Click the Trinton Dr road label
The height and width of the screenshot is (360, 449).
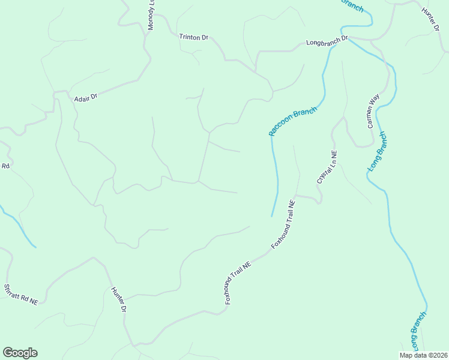[x=193, y=37]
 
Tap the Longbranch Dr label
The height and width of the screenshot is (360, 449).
[x=327, y=42]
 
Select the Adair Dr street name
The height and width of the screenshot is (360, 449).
[x=85, y=98]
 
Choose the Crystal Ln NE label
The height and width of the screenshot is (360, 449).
[x=327, y=167]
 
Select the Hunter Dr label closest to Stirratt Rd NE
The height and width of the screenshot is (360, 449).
[x=118, y=300]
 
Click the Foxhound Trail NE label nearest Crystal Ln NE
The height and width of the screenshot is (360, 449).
[x=284, y=225]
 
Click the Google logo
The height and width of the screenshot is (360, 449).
[x=20, y=353]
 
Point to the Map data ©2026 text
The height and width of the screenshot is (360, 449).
[x=423, y=355]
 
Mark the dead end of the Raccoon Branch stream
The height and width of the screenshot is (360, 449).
[x=272, y=216]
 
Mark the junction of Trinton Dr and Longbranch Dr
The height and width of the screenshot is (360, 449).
[x=256, y=72]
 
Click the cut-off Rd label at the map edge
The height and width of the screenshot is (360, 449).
[x=5, y=166]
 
